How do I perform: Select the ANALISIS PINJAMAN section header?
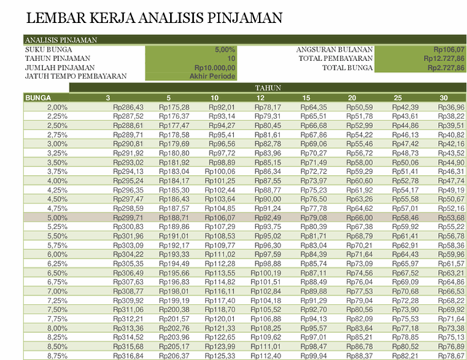pos(61,41)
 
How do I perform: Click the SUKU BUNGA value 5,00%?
pos(226,50)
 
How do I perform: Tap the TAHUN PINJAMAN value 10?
pos(231,59)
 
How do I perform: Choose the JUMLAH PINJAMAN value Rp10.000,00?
pos(215,68)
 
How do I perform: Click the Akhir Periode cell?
pos(214,76)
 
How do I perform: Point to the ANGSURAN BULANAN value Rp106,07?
pos(448,50)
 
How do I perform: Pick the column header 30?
pos(443,98)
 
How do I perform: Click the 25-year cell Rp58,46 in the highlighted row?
pos(405,217)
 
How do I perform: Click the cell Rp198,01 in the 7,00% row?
pos(174,291)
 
